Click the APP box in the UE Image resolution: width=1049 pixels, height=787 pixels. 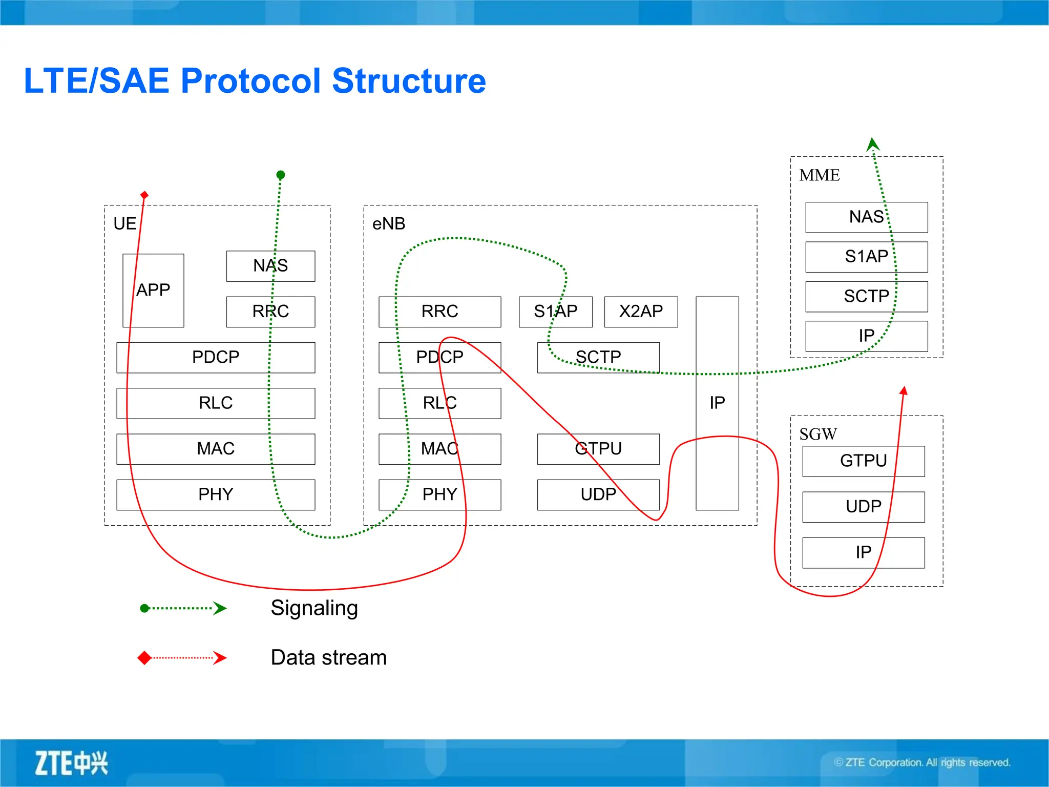click(153, 291)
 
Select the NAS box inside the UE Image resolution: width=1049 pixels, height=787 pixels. click(270, 266)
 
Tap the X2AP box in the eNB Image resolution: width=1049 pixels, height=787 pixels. click(641, 312)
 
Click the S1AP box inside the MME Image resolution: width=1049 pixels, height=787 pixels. click(866, 257)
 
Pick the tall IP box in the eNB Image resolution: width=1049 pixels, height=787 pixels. click(717, 403)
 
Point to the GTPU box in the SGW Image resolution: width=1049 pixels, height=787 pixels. click(863, 461)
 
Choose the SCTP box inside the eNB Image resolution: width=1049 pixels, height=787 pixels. click(598, 357)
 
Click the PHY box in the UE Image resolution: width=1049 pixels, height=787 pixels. click(216, 494)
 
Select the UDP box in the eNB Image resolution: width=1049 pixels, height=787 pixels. click(598, 494)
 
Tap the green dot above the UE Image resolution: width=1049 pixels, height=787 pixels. click(280, 175)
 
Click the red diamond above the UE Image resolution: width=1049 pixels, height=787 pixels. click(144, 195)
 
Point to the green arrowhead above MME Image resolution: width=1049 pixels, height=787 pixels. click(873, 144)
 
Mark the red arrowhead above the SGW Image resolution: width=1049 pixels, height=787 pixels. click(904, 391)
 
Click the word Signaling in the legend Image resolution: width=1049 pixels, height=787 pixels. click(314, 608)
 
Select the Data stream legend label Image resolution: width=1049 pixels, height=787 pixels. click(328, 657)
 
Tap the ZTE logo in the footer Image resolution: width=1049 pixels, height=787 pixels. click(71, 763)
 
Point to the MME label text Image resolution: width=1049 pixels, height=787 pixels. click(820, 175)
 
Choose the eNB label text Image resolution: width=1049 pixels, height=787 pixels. click(389, 224)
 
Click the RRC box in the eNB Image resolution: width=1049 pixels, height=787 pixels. click(439, 312)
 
